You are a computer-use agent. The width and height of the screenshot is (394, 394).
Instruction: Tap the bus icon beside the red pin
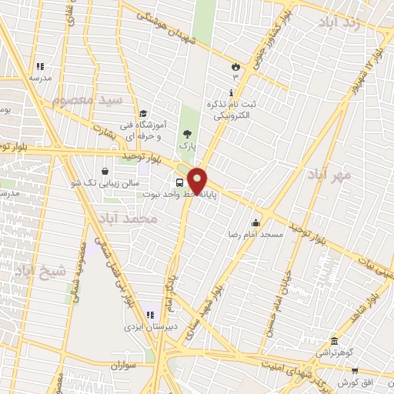[x=179, y=182]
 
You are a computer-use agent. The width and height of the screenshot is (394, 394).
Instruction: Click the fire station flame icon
[x=234, y=67]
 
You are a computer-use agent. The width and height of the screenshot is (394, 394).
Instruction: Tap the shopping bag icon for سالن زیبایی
[x=105, y=171]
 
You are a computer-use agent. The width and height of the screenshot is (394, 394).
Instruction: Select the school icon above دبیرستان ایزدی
[x=150, y=316]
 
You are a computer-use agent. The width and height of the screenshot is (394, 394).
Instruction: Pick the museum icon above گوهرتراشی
[x=333, y=342]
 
